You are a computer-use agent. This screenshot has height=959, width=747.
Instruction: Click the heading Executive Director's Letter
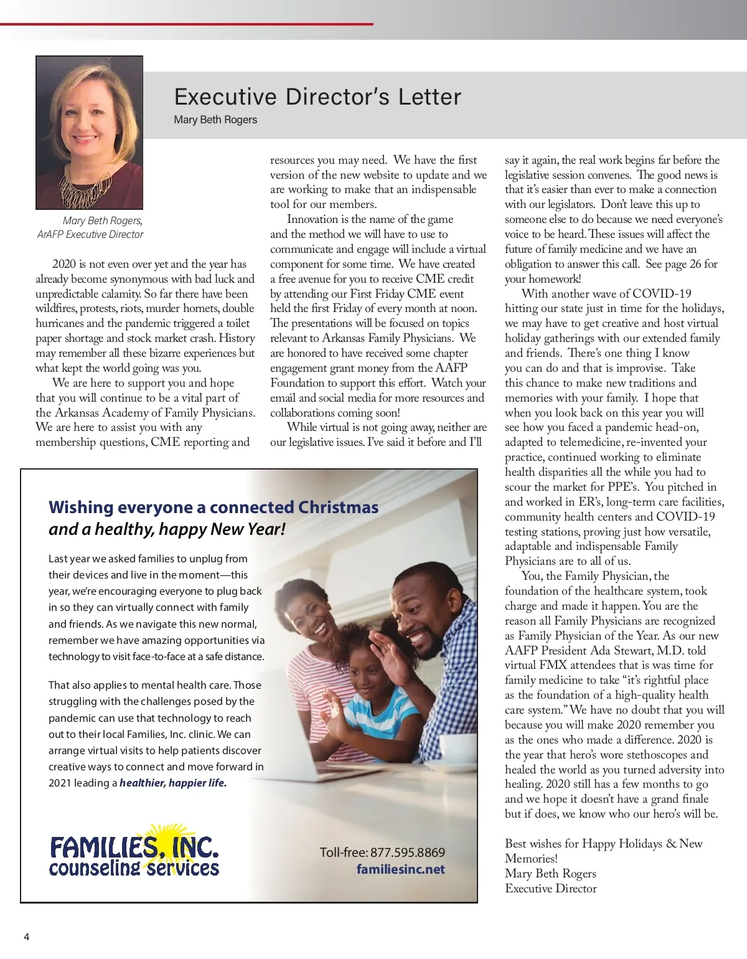(317, 97)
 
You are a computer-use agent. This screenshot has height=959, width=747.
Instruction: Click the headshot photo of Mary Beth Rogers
(90, 133)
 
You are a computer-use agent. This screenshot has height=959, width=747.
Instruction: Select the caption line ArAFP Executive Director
(90, 235)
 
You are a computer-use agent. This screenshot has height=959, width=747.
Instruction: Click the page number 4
(26, 937)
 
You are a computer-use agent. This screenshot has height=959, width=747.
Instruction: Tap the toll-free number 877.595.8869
(408, 853)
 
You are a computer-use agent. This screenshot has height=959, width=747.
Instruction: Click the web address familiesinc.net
(400, 869)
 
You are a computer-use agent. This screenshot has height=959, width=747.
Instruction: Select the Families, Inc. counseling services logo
(134, 853)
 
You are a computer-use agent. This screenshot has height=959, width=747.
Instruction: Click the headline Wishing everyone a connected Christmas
(214, 508)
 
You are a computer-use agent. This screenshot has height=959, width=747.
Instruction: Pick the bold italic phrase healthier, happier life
(173, 783)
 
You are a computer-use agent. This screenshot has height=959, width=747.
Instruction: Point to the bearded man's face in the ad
(418, 616)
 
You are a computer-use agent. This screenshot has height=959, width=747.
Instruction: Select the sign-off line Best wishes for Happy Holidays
(603, 844)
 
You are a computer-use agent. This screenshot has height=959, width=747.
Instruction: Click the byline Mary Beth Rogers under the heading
(215, 120)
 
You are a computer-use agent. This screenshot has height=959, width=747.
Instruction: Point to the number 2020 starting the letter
(64, 264)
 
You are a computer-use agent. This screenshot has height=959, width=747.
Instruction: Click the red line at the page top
(187, 24)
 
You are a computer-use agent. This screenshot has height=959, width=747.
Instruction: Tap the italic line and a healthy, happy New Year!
(167, 529)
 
